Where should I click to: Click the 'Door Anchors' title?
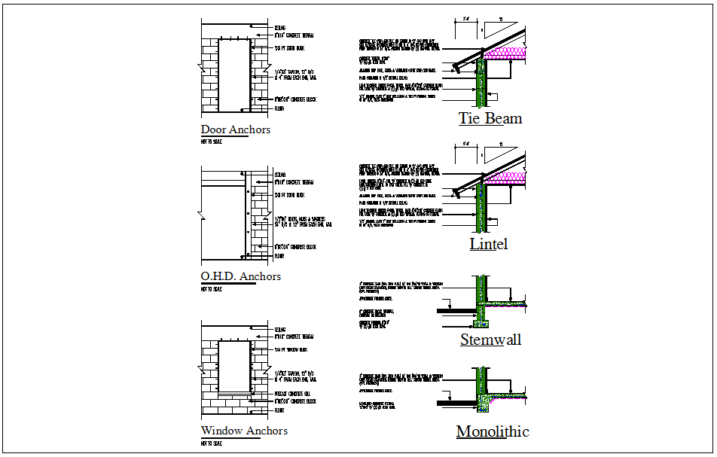(x=235, y=129)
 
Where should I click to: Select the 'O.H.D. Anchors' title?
(x=240, y=276)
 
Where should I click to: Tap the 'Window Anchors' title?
(x=244, y=431)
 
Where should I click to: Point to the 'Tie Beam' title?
(x=490, y=119)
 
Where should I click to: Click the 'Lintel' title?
(x=489, y=244)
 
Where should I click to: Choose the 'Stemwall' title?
(x=490, y=340)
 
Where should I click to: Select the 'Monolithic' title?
(x=493, y=431)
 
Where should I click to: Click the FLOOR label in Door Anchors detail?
(x=279, y=109)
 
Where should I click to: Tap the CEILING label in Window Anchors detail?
(x=279, y=329)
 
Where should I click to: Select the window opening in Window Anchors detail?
(x=234, y=367)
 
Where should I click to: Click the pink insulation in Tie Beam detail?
(x=508, y=53)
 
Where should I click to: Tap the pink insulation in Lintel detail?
(x=508, y=178)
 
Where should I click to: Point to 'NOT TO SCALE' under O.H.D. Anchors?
(x=212, y=288)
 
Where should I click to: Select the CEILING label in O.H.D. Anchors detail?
(x=279, y=175)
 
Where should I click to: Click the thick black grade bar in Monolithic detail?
(x=459, y=404)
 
